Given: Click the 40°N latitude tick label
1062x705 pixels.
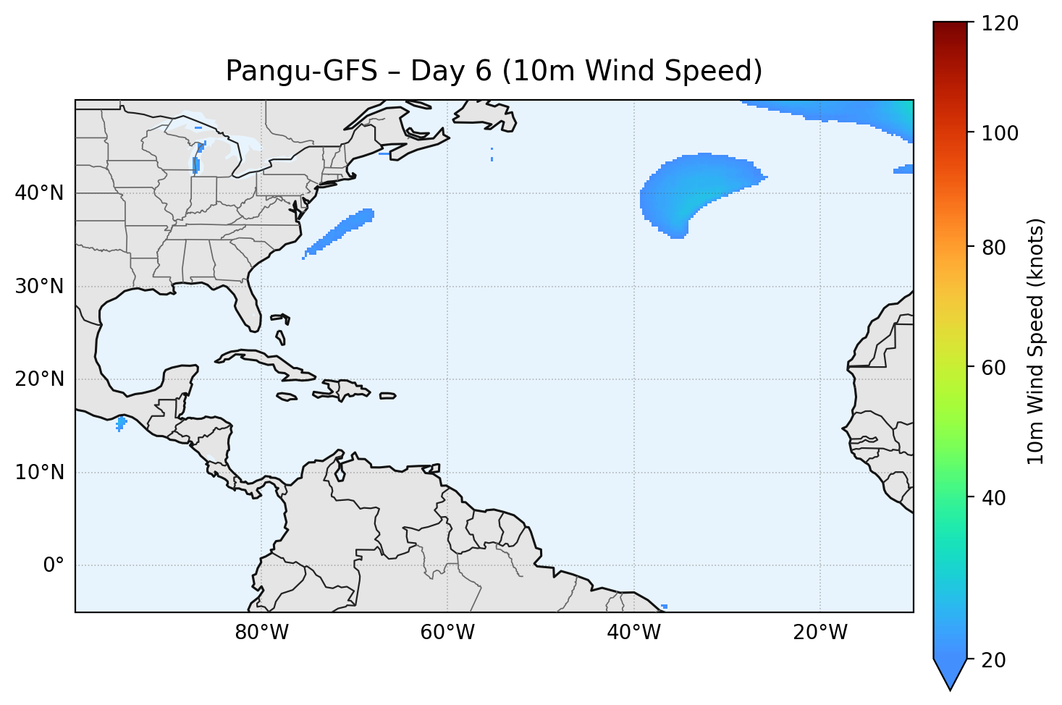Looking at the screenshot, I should coord(39,193).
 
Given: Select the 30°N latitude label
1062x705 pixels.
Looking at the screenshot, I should coord(39,287).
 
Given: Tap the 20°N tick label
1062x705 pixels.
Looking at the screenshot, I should coord(39,379).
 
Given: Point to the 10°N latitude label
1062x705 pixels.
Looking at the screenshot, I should coord(39,473).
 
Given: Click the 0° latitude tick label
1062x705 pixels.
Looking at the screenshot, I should coord(53,565).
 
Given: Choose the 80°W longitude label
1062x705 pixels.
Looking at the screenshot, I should coord(261,633).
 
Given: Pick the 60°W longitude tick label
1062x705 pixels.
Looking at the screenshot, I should coord(447,633).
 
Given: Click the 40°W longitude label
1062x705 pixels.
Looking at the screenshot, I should coord(633,633).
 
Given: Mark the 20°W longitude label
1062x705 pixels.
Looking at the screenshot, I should coord(819,633).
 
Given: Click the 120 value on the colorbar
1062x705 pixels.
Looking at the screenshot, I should coord(1000,24).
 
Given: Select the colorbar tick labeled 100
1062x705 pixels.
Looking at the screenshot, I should coord(1000,134).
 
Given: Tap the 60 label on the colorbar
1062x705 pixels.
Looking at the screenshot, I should coord(995,368).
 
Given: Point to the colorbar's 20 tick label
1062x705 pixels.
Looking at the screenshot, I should coord(995,660).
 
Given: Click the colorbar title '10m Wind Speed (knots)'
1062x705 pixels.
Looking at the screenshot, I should coord(1036,341).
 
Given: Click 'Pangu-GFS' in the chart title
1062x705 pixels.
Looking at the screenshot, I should coord(301,71).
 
